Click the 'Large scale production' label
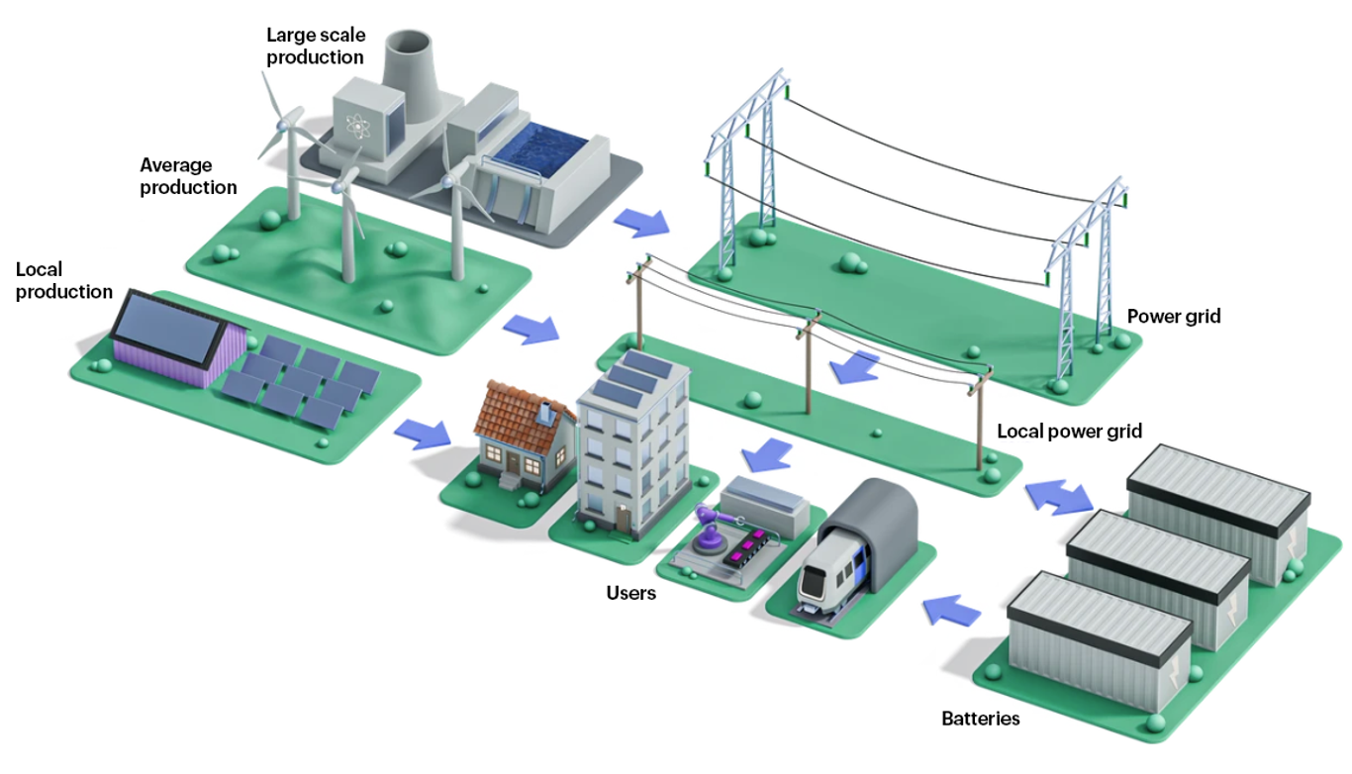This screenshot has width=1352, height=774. click(315, 47)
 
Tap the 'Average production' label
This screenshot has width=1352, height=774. click(188, 176)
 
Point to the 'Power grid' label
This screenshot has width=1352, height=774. click(1174, 317)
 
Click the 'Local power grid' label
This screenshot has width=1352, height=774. click(1069, 432)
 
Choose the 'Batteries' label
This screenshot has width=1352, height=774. click(980, 719)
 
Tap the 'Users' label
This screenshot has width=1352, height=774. click(631, 593)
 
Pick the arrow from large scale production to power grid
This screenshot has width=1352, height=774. click(639, 222)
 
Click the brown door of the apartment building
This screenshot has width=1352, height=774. click(623, 517)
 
